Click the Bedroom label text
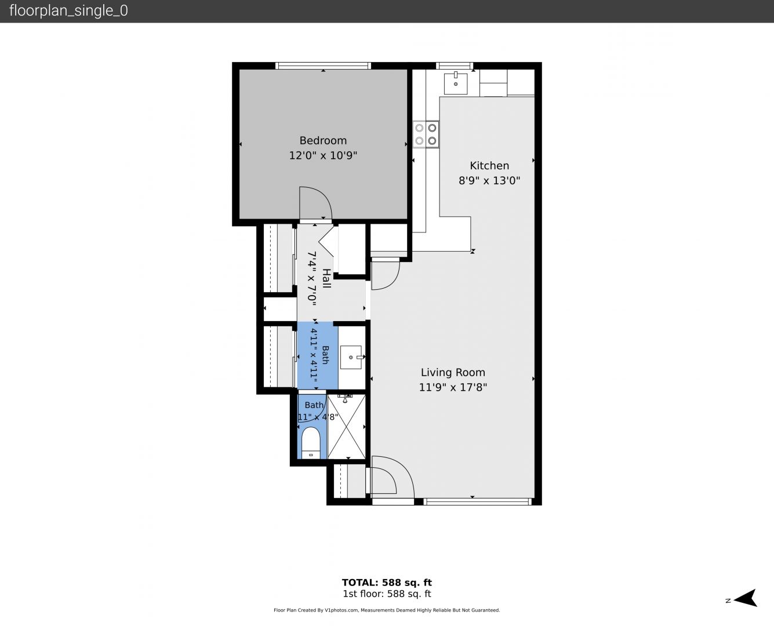pos(323,141)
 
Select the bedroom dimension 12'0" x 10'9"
pos(323,155)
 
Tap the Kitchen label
pos(489,166)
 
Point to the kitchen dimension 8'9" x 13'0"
pos(489,181)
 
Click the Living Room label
pos(453,372)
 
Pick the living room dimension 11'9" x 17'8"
pos(453,387)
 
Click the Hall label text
pos(326,278)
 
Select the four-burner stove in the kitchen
pos(426,134)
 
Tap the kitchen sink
pos(455,83)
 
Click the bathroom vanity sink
pos(351,358)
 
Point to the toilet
pos(311,443)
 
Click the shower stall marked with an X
pos(346,427)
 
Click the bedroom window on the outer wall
pos(323,65)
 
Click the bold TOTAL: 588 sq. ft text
pos(387,583)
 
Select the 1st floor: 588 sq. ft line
pos(387,594)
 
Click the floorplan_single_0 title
pos(68,11)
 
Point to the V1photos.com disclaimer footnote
pos(387,610)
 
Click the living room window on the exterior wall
pos(478,502)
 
